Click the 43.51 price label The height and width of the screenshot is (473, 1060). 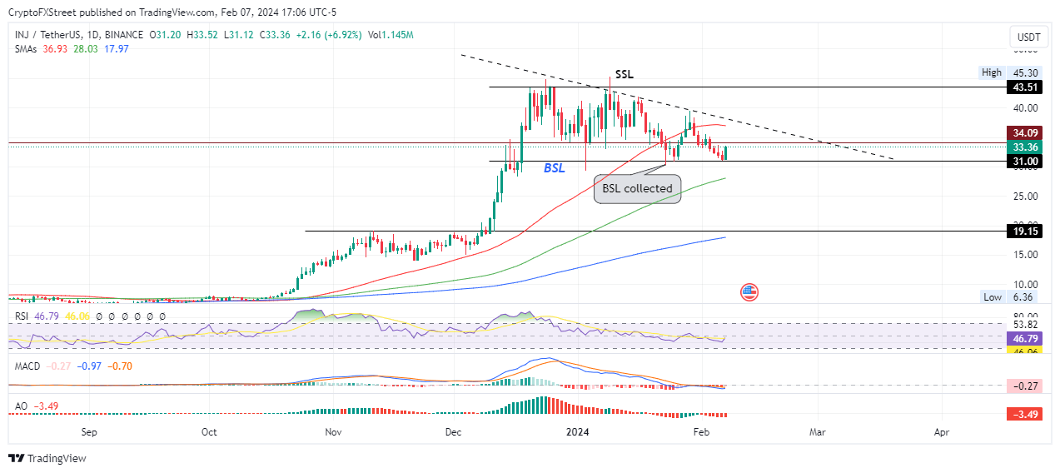(x=1023, y=87)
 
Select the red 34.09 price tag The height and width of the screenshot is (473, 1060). (x=1023, y=132)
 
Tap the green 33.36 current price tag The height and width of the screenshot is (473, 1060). (x=1023, y=147)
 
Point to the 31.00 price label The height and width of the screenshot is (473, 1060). (x=1023, y=161)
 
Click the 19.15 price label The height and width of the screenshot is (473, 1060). (x=1023, y=232)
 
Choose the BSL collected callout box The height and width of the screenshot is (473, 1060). (x=638, y=188)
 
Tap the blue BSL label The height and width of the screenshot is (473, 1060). (x=555, y=168)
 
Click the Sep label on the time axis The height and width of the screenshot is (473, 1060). (x=90, y=433)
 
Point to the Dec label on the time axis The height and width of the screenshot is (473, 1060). (x=454, y=433)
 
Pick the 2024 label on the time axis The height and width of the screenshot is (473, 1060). (x=576, y=433)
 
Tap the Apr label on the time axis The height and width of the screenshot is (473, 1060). (x=942, y=433)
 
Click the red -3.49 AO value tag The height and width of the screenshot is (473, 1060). (x=1023, y=415)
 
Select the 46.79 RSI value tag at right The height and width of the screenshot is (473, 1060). (x=1023, y=340)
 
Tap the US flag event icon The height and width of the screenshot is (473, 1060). (x=749, y=292)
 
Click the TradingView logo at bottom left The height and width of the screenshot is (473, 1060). (x=47, y=458)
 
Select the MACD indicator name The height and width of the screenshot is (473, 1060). (x=26, y=366)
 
